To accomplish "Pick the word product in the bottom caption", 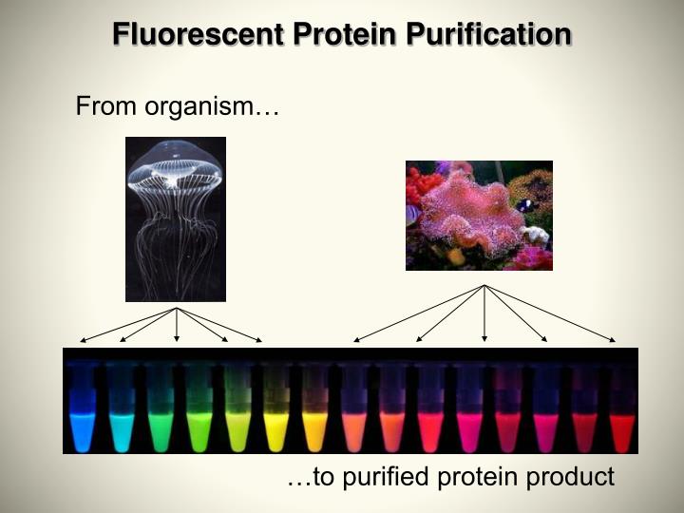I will [575, 477].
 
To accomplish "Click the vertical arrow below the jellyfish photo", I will [177, 324].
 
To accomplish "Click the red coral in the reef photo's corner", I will [415, 185].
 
